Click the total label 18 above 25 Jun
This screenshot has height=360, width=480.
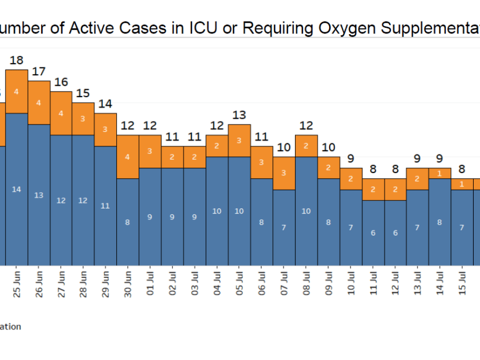pos(17,60)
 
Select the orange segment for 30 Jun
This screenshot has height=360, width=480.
pos(128,157)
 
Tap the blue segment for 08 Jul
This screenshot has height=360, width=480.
pos(307,211)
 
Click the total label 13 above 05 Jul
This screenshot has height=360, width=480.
pos(239,115)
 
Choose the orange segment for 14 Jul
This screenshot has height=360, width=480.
pos(440,173)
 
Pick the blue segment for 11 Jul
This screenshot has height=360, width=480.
pos(373,233)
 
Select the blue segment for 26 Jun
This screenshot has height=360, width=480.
pos(39,195)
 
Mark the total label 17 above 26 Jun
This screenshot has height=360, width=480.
pos(39,72)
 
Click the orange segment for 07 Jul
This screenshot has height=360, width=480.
pos(284,173)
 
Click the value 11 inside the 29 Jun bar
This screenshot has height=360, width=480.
pos(105,205)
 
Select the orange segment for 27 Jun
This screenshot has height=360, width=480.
pos(61,113)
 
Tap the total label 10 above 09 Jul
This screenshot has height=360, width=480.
pos(328,148)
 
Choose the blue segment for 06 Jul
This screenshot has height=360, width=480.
pos(261,222)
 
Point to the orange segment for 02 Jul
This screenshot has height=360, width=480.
pos(172,157)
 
